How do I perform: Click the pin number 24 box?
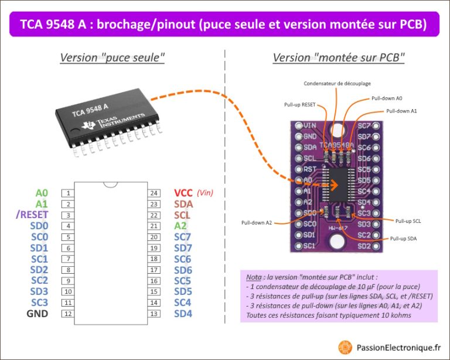click(154, 193)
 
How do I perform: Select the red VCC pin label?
click(183, 193)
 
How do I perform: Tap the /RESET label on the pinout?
click(32, 215)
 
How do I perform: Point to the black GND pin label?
click(37, 314)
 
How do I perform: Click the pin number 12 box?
click(68, 314)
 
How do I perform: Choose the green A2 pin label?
click(180, 226)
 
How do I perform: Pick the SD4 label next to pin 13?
click(183, 314)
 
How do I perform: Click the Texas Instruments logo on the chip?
click(88, 125)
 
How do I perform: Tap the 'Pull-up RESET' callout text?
click(299, 105)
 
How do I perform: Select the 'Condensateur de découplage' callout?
click(337, 83)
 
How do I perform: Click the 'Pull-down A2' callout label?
click(257, 222)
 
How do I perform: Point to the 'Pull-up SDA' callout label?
click(403, 239)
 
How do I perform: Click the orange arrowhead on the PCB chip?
click(335, 185)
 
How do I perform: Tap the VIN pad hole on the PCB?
click(299, 125)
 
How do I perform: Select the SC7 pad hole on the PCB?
click(376, 125)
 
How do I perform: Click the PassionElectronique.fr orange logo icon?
click(345, 348)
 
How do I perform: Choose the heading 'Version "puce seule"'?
click(112, 57)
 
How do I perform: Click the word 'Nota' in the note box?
click(254, 277)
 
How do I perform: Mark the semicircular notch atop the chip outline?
click(111, 185)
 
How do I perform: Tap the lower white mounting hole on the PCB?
click(336, 242)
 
